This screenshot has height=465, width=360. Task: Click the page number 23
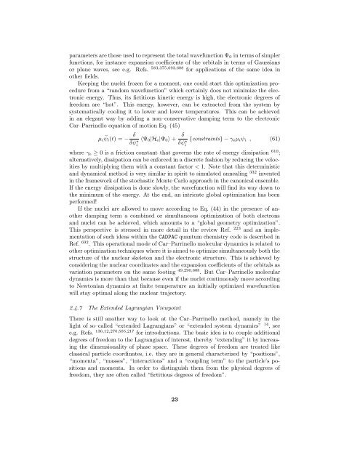click(x=180, y=441)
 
